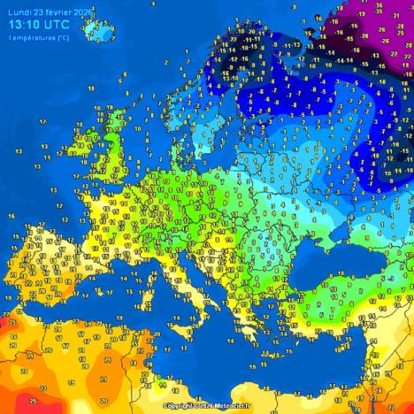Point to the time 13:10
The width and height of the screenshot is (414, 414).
(x=27, y=25)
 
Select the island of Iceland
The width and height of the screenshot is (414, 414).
(x=97, y=32)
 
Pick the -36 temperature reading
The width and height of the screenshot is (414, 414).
(x=379, y=5)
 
